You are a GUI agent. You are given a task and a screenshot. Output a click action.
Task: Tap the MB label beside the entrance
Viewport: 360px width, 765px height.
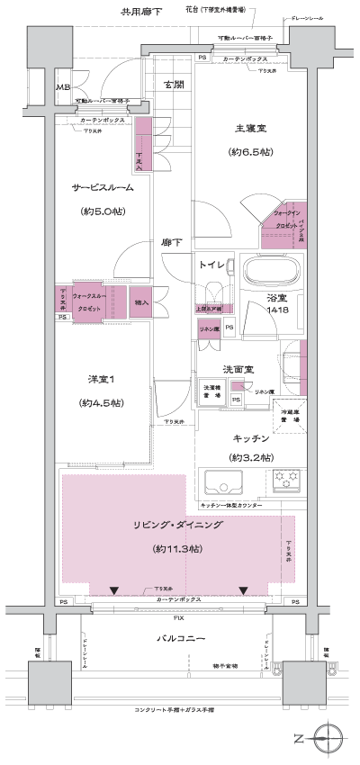click(63, 87)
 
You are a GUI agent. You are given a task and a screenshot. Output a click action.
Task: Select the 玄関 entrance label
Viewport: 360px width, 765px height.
click(173, 85)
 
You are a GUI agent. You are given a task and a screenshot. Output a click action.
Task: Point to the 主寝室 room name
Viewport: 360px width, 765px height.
click(242, 129)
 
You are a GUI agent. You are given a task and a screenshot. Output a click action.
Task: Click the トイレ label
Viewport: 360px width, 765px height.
click(212, 265)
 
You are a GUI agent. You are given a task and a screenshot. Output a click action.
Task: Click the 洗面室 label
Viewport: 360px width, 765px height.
click(238, 370)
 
